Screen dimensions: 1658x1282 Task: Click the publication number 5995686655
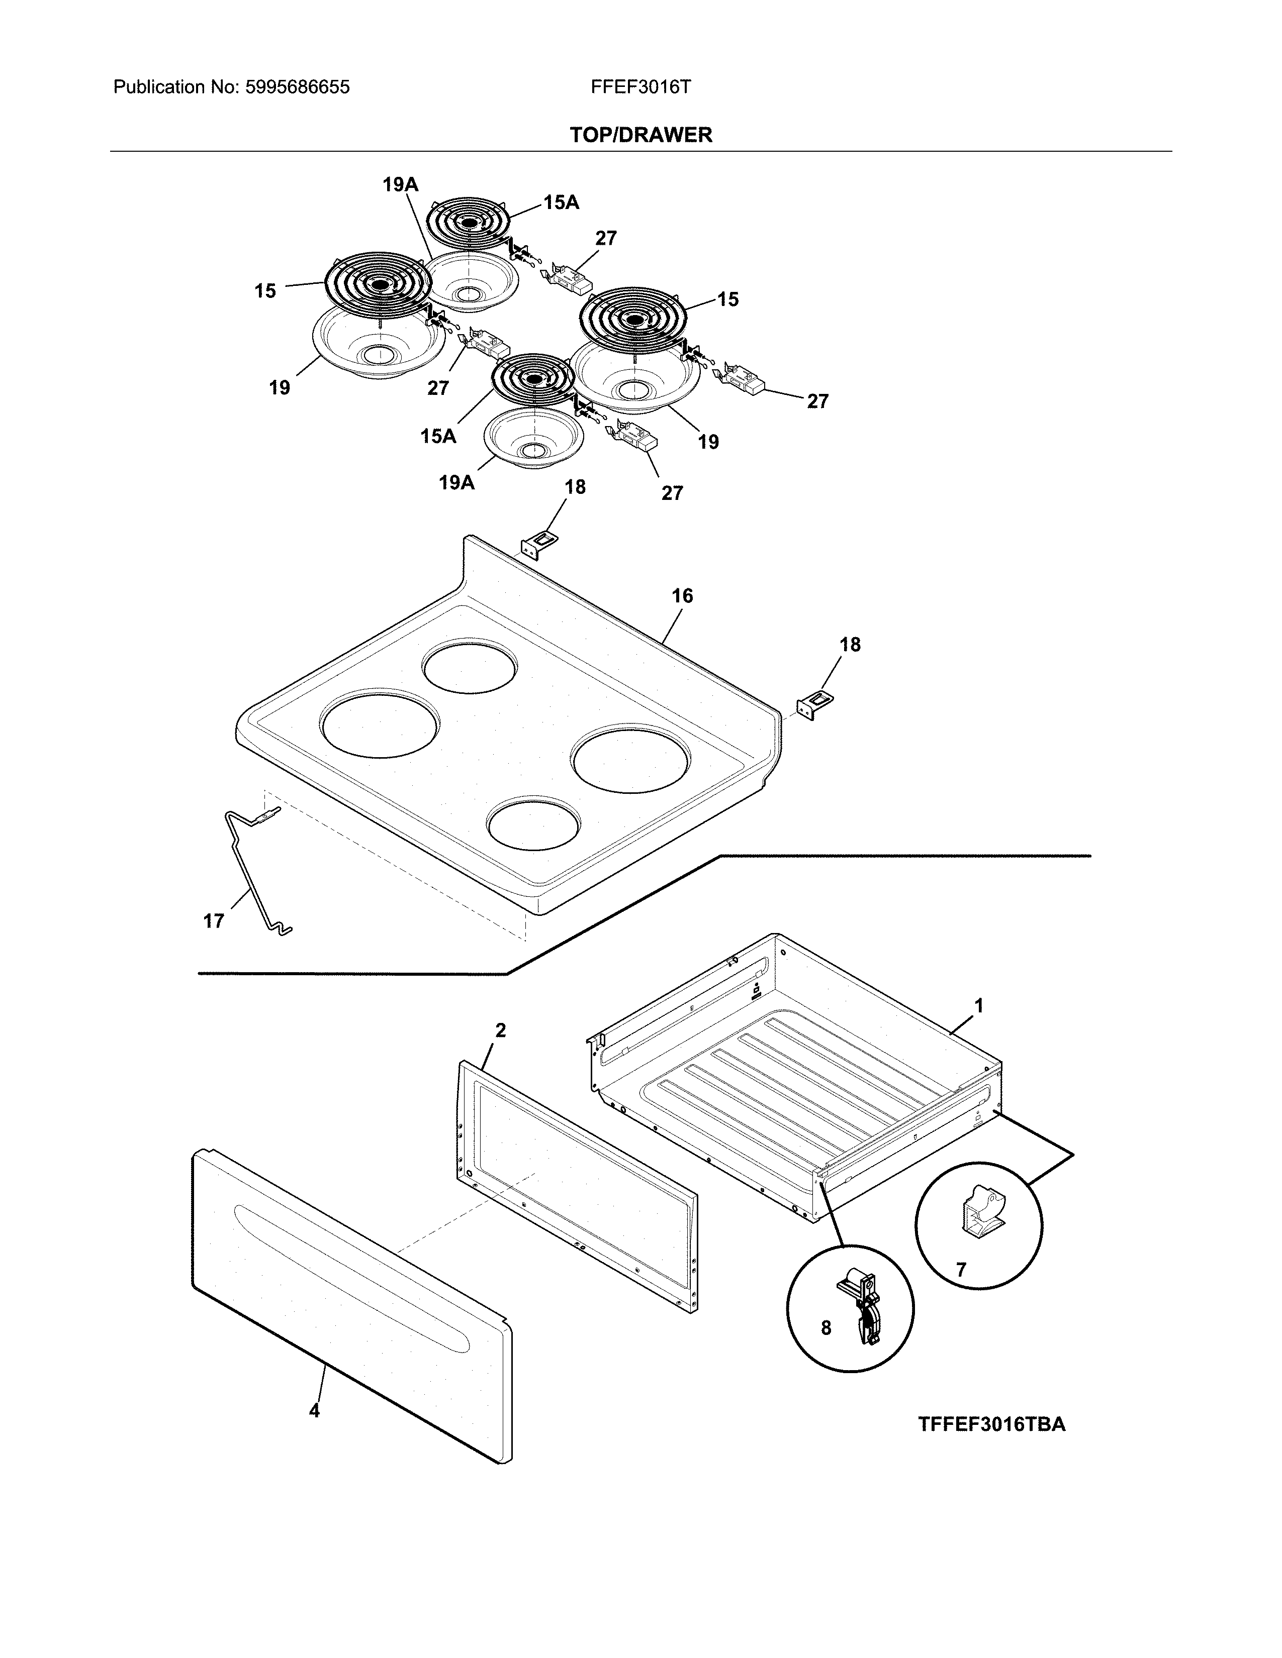pos(297,87)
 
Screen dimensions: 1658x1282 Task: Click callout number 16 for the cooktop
pos(682,596)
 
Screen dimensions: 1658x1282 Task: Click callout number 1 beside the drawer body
pos(979,1006)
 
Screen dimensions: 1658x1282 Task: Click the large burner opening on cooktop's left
pos(380,722)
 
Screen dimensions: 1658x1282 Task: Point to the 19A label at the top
pos(400,184)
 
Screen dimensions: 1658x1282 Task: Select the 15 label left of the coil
pos(265,291)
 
